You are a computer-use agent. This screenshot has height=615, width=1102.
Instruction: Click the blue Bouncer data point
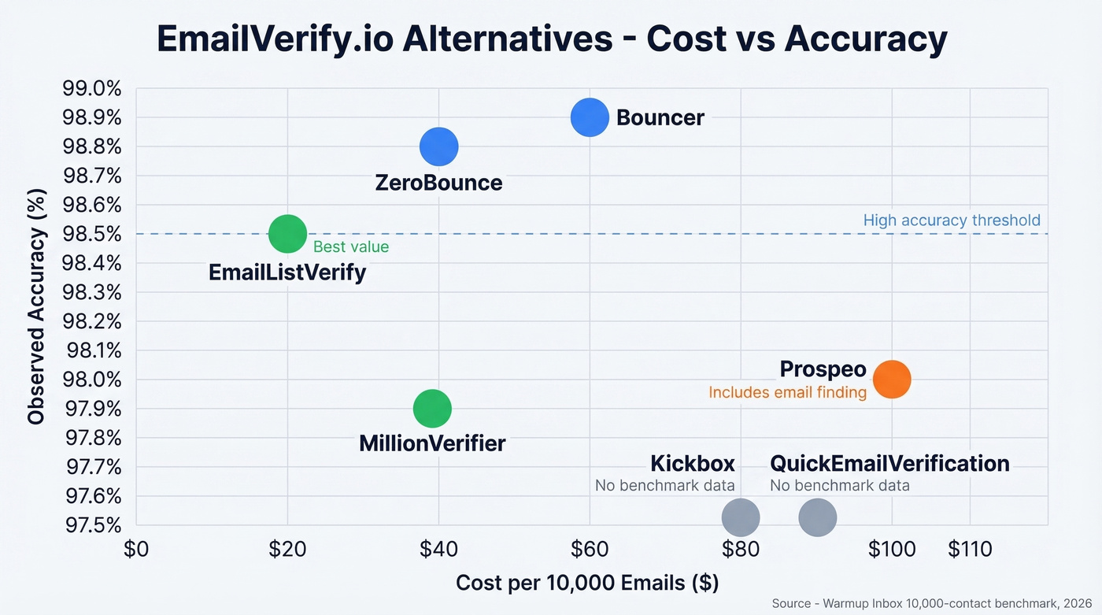(590, 118)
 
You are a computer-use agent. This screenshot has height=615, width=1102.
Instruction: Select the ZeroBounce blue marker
(438, 146)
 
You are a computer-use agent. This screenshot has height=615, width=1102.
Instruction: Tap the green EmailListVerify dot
(287, 234)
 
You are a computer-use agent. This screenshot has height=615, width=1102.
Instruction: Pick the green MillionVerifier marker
(431, 409)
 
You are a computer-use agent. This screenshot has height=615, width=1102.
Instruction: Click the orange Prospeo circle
(892, 380)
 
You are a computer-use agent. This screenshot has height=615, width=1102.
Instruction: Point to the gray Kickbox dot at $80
(741, 517)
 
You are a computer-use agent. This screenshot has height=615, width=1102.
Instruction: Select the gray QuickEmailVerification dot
(817, 517)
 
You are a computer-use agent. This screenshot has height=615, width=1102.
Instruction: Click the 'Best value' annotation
(351, 247)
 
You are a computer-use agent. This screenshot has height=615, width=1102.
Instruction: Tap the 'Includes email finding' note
(787, 392)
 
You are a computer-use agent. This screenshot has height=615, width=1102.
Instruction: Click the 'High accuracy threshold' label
(951, 220)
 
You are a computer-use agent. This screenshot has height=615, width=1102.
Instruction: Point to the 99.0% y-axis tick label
(92, 88)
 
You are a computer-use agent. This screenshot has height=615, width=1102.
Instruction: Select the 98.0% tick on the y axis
(92, 380)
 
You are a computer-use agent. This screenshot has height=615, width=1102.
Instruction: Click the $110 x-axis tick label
(970, 549)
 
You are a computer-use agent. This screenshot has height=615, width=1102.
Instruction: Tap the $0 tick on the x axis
(136, 549)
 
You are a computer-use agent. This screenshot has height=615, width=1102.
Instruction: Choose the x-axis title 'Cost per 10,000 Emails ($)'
(587, 584)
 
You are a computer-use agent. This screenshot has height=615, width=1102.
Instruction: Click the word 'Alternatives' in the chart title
(506, 39)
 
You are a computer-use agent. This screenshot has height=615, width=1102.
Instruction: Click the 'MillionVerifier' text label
(432, 443)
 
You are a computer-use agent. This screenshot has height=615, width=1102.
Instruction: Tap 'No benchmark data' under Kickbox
(664, 486)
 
